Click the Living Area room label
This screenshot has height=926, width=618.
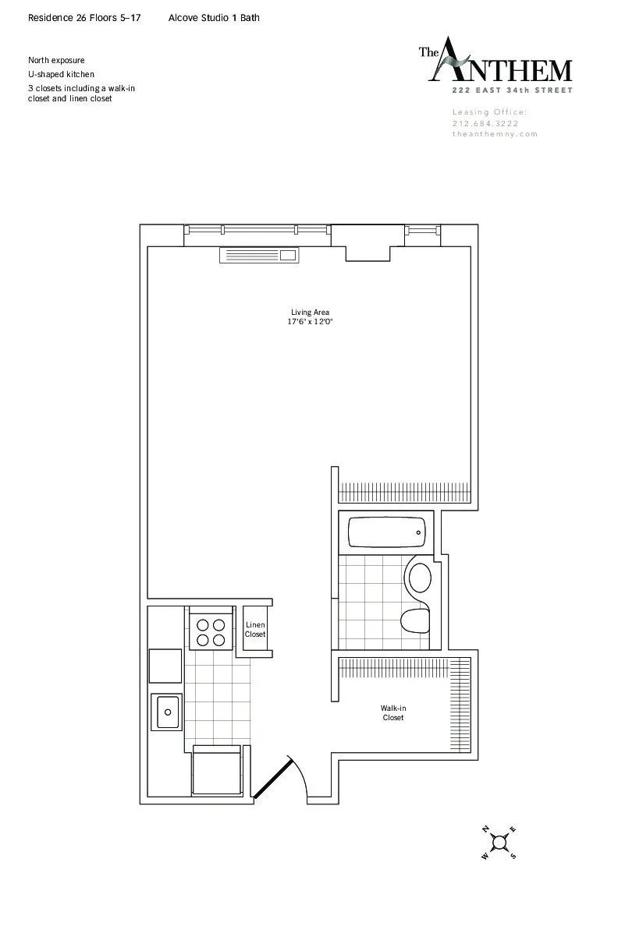[x=310, y=313]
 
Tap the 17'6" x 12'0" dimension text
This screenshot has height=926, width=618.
[x=310, y=321]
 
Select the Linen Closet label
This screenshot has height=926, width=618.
[x=255, y=630]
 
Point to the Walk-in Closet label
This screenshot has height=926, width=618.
[x=393, y=712]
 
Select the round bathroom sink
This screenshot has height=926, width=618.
[x=419, y=578]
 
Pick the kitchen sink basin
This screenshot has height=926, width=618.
[x=167, y=712]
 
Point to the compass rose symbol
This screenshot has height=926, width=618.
[x=499, y=842]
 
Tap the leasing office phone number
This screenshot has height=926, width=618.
[x=485, y=123]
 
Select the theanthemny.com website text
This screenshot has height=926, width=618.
[x=495, y=134]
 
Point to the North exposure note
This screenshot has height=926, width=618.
[x=56, y=60]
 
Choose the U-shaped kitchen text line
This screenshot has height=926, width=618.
[x=61, y=74]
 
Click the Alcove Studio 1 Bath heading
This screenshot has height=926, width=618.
[x=214, y=17]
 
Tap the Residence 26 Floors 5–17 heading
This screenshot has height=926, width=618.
[x=85, y=17]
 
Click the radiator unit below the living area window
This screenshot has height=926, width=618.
[x=259, y=254]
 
